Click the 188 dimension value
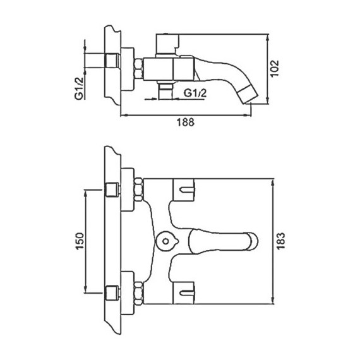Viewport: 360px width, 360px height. pos(185,122)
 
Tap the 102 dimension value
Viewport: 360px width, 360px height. pos(274,68)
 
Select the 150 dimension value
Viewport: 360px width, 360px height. pos(80,241)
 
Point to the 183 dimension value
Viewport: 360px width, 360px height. pos(280,241)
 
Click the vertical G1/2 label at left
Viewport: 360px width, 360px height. pos(79,88)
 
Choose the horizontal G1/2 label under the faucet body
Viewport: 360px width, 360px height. pos(195,93)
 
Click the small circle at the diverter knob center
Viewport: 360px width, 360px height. pos(165,241)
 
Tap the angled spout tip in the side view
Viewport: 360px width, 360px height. pos(248,95)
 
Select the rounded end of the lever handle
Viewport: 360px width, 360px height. pos(253,241)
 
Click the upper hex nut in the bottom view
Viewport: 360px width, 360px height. pos(139,189)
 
